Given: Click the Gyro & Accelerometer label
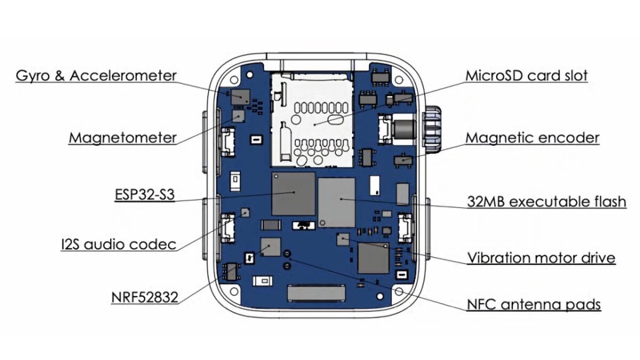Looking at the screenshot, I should [96, 75].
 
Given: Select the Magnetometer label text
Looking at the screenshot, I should [122, 138].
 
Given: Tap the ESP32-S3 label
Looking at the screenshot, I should [145, 191].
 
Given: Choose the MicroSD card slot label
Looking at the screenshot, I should [526, 75].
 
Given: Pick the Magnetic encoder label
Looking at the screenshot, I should [532, 138].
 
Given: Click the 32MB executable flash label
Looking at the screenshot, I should [546, 202].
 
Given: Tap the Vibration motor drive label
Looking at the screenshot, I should [541, 258].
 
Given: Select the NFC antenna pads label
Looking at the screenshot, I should [534, 305].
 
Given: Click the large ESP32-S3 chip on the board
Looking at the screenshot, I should [293, 194].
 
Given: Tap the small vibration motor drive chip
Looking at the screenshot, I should [343, 238].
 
